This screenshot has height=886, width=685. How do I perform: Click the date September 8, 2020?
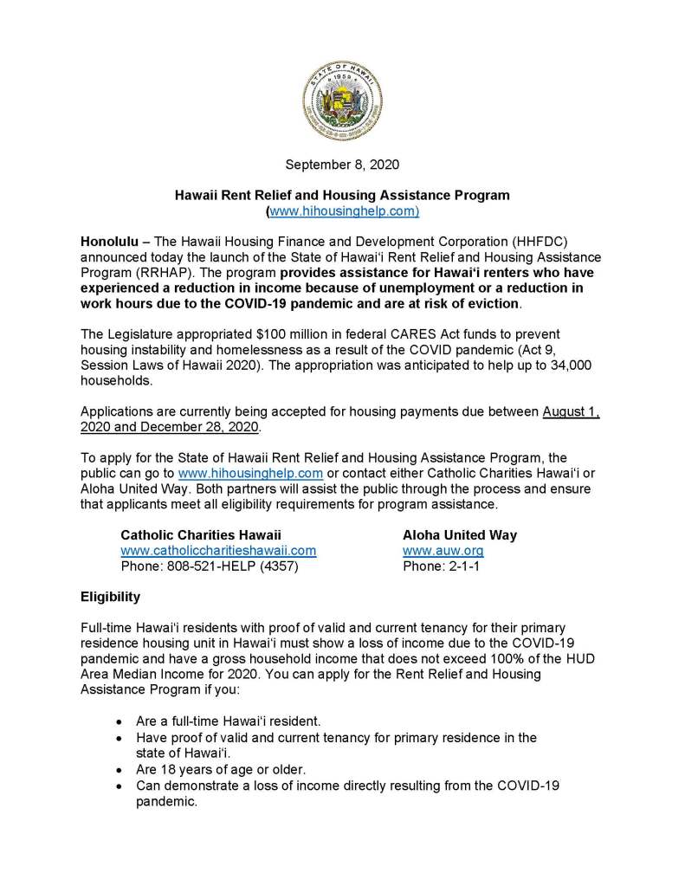point(342,163)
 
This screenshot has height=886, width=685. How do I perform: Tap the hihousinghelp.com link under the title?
point(344,210)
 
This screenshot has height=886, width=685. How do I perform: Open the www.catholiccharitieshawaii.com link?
point(217,550)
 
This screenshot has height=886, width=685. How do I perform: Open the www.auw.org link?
point(443,550)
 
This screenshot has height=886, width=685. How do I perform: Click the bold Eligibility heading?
point(110,597)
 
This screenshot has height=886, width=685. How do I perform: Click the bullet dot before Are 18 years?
point(119,769)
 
